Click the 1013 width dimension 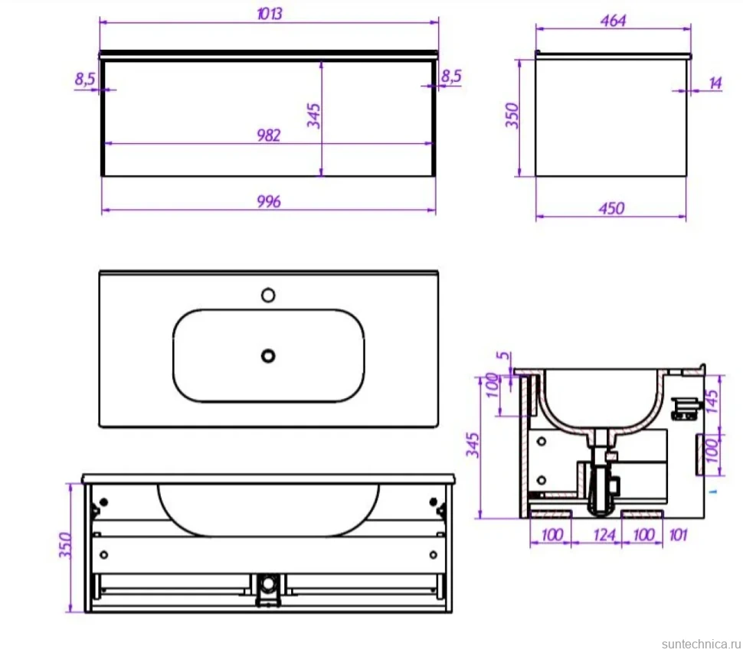[269, 14]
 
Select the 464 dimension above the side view [613, 21]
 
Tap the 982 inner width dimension [269, 135]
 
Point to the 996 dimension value [269, 202]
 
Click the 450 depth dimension [611, 208]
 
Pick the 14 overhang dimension [715, 83]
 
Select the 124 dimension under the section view [604, 535]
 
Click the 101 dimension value [678, 535]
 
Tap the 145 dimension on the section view [712, 401]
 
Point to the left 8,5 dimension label [85, 79]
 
